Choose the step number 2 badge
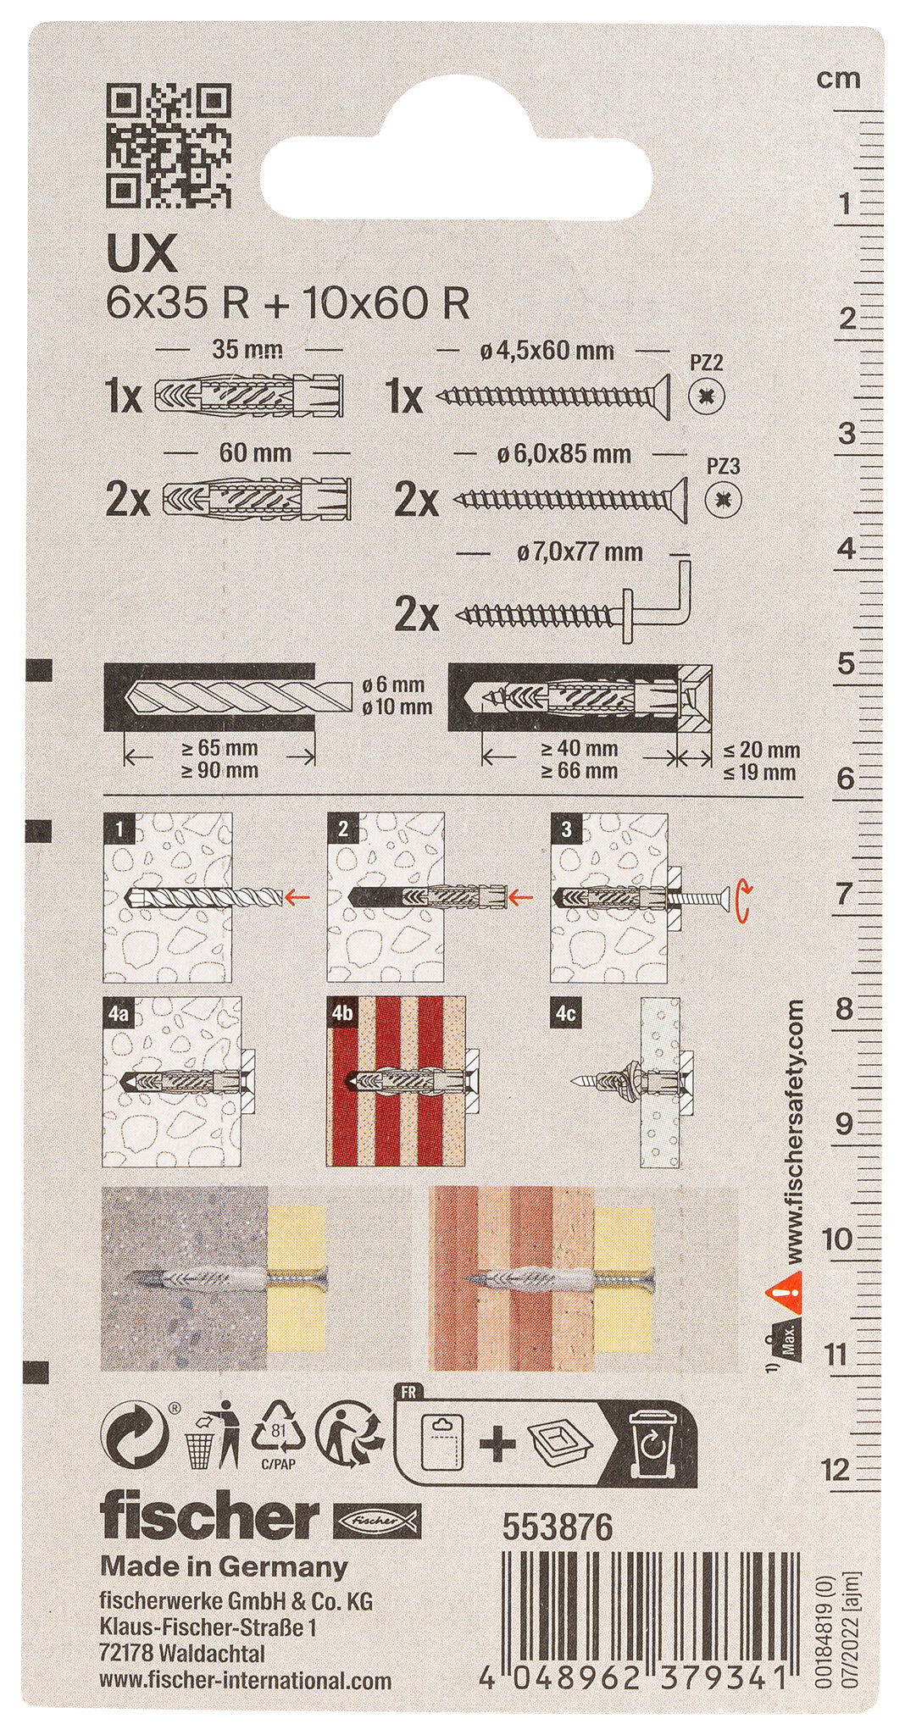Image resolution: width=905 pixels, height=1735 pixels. (342, 828)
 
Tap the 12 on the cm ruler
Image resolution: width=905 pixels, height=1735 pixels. (840, 1469)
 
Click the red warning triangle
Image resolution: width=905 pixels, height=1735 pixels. (784, 1289)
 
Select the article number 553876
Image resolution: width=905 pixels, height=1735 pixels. (557, 1527)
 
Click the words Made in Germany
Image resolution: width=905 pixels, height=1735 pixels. (224, 1566)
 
